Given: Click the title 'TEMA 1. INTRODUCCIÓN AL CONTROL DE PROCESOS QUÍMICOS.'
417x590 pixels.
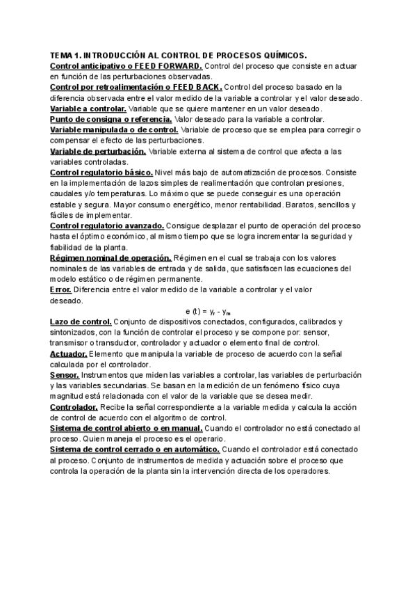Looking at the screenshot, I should tap(179, 56).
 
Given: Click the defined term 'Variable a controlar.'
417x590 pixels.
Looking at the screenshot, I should tap(88, 109).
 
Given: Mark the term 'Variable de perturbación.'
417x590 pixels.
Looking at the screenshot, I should tap(98, 151).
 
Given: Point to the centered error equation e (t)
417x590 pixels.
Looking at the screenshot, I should tap(208, 311).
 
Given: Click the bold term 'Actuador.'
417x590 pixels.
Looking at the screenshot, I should tap(68, 353).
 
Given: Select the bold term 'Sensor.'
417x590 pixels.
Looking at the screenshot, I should tap(65, 375).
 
